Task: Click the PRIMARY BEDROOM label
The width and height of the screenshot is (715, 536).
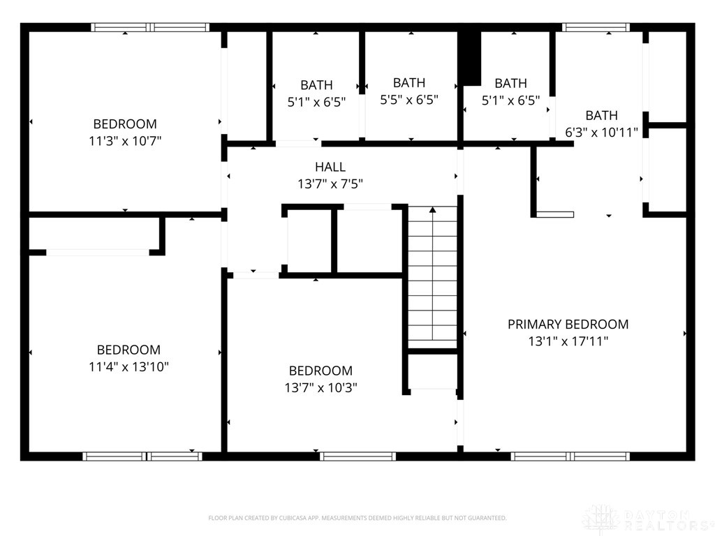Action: point(568,324)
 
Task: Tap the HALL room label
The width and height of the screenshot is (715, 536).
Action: point(330,167)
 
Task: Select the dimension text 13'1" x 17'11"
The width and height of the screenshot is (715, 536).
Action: point(568,341)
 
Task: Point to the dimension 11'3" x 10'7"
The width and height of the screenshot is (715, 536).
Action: point(125,141)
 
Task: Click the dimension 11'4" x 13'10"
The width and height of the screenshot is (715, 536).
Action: point(128,366)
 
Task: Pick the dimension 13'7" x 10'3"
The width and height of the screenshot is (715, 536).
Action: point(321,387)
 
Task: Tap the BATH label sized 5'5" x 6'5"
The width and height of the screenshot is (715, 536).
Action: point(409,83)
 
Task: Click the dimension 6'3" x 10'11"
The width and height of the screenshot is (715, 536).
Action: point(601,132)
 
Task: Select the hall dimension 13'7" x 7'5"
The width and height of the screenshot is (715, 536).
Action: point(330,184)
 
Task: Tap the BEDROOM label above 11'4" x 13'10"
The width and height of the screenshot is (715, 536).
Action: point(128,350)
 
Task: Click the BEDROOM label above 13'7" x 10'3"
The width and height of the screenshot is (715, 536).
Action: point(321,371)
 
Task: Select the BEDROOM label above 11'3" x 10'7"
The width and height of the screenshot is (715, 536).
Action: point(125,124)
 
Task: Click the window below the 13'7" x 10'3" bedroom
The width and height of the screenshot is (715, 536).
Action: point(357,456)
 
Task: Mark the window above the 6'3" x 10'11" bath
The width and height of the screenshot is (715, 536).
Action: point(596,27)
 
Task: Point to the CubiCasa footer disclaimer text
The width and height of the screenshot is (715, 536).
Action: point(357,518)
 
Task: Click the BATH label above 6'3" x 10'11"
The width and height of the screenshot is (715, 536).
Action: point(601,115)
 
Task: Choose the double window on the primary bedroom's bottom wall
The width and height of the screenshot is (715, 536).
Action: point(570,456)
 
